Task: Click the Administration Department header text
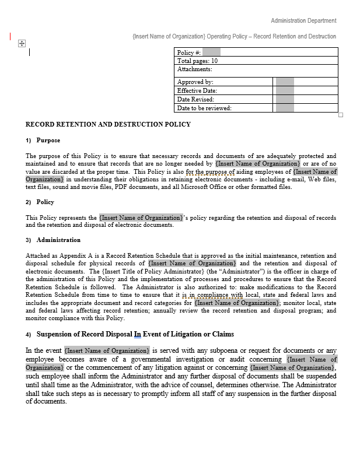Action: pyautogui.click(x=303, y=20)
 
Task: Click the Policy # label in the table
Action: pyautogui.click(x=189, y=52)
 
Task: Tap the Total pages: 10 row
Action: pyautogui.click(x=197, y=61)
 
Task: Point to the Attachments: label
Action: pyautogui.click(x=194, y=69)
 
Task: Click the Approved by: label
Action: pyautogui.click(x=195, y=82)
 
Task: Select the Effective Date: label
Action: pyautogui.click(x=197, y=90)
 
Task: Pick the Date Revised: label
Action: pyautogui.click(x=195, y=99)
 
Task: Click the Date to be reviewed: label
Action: pyautogui.click(x=204, y=108)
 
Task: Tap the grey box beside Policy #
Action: pyautogui.click(x=211, y=52)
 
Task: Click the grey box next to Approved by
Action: pyautogui.click(x=284, y=82)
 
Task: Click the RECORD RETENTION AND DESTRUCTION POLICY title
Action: pyautogui.click(x=108, y=124)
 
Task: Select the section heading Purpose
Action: pyautogui.click(x=48, y=141)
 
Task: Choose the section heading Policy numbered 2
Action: pyautogui.click(x=45, y=202)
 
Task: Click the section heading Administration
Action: pyautogui.click(x=58, y=240)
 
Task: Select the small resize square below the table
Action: pyautogui.click(x=341, y=115)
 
